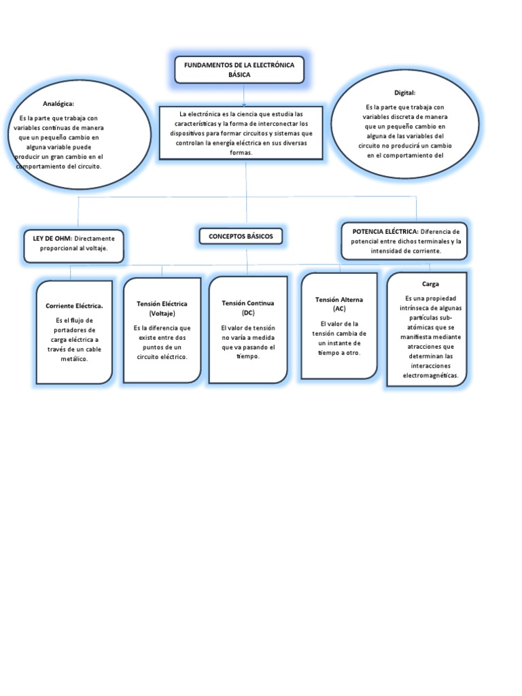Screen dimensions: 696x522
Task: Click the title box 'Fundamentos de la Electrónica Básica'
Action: click(239, 69)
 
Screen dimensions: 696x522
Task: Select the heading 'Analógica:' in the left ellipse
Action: click(58, 103)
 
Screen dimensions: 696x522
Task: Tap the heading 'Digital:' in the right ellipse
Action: click(404, 92)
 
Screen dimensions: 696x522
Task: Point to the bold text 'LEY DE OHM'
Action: click(52, 239)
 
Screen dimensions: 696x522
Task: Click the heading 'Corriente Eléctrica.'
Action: click(74, 306)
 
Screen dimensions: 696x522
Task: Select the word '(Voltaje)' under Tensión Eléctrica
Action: click(162, 313)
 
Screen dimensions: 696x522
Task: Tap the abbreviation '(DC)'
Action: click(247, 313)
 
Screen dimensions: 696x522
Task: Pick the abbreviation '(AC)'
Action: click(339, 309)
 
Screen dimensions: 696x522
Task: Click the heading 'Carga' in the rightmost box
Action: click(430, 284)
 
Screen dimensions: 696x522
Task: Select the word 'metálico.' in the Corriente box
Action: click(74, 358)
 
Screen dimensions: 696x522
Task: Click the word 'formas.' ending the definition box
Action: click(241, 153)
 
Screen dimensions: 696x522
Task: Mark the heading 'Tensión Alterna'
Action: click(339, 299)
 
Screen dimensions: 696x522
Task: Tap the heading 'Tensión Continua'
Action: click(247, 302)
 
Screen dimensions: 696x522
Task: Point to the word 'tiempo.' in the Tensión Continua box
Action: click(247, 356)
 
